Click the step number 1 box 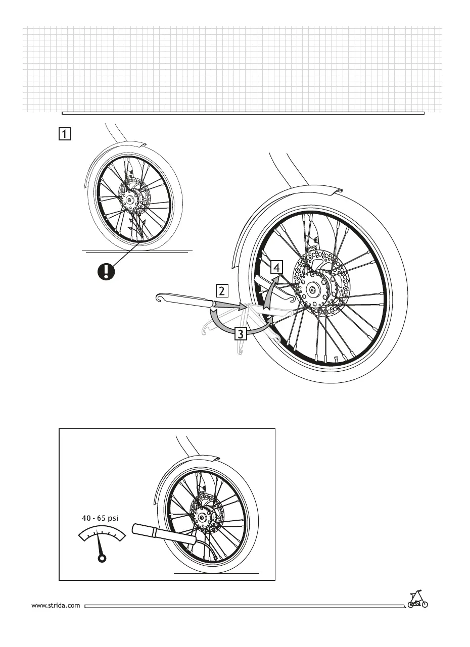[64, 134]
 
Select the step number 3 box [241, 334]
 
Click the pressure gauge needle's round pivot [102, 558]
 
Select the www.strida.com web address [56, 605]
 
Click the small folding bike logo [417, 599]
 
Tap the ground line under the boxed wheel [217, 573]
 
